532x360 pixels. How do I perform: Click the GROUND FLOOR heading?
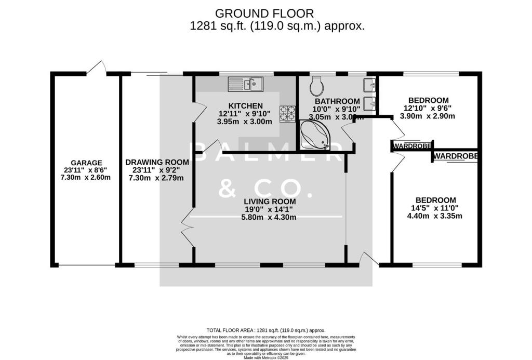point(265,13)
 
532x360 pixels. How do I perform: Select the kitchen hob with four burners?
point(287,114)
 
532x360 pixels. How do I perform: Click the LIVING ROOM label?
point(271,202)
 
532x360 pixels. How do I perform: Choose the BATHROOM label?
point(337,101)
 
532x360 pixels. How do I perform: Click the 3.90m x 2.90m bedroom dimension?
point(428,116)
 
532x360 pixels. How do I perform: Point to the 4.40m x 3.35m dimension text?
point(435,216)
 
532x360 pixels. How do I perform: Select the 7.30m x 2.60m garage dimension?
point(85,177)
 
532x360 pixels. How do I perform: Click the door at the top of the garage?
point(97,68)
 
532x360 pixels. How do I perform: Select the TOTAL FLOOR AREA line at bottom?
point(265,330)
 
